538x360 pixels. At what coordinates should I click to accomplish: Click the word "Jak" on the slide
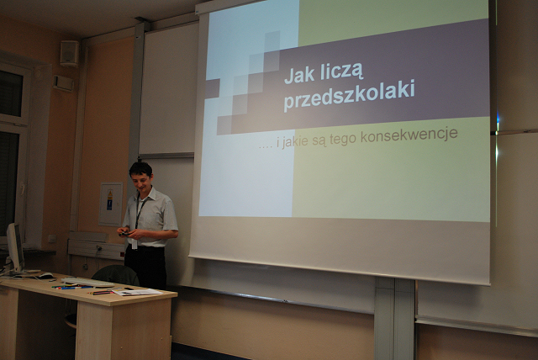click(295, 76)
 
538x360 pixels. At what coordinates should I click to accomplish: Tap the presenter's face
click(142, 181)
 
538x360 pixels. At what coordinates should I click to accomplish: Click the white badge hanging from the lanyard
click(134, 243)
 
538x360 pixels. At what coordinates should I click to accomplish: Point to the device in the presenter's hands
click(124, 234)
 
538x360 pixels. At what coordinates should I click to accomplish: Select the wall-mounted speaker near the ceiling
click(69, 53)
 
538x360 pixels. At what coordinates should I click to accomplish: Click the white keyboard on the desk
click(87, 282)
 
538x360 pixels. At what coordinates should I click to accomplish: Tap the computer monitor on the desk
click(15, 247)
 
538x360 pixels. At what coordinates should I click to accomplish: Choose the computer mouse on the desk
click(45, 275)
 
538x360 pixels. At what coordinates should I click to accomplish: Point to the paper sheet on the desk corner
click(137, 292)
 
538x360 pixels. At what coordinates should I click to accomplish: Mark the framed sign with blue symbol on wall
click(111, 204)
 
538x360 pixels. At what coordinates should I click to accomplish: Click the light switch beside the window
click(52, 238)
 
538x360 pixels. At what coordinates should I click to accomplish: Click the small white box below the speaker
click(63, 83)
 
